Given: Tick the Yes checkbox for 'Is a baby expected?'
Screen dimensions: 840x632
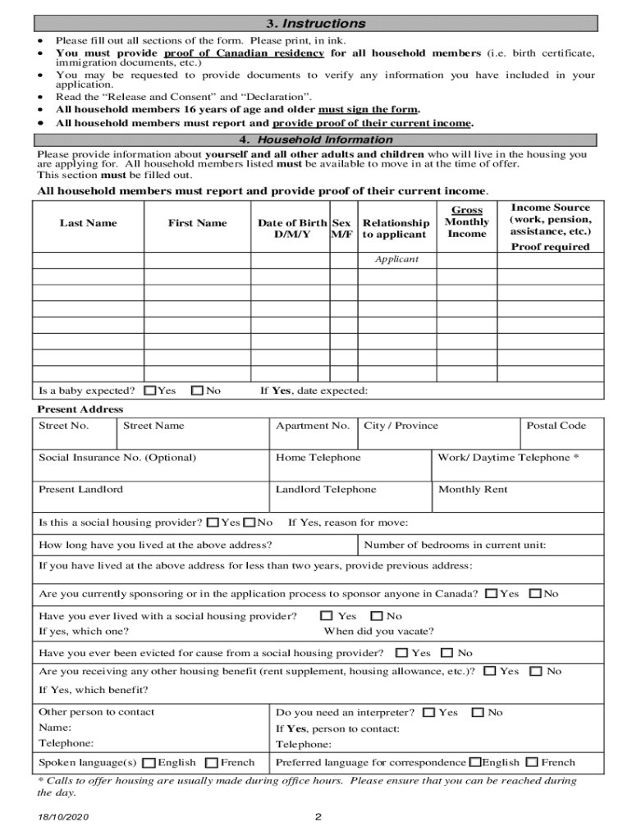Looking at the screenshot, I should pyautogui.click(x=150, y=391).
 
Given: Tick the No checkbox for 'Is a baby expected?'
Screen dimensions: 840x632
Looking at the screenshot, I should pyautogui.click(x=197, y=391).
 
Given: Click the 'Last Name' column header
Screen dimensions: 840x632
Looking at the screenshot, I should pyautogui.click(x=88, y=223).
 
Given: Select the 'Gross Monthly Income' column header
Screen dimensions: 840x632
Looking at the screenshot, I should pyautogui.click(x=466, y=222).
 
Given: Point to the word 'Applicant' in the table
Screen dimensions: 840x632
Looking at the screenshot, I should pyautogui.click(x=396, y=259).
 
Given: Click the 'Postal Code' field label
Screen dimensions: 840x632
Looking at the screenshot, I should pyautogui.click(x=556, y=426).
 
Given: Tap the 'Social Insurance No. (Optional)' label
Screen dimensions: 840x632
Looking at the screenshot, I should pyautogui.click(x=117, y=458).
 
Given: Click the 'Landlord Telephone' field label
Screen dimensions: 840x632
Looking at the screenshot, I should pyautogui.click(x=325, y=490).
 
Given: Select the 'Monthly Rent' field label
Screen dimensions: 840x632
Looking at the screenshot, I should pyautogui.click(x=473, y=490).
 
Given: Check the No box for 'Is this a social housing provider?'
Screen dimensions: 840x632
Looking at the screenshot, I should pyautogui.click(x=250, y=523).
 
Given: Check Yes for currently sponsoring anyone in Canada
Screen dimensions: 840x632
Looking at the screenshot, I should pyautogui.click(x=492, y=594).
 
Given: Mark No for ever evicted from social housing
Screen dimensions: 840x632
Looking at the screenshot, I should pyautogui.click(x=447, y=654).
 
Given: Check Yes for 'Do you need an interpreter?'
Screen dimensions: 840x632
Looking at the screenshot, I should pyautogui.click(x=429, y=714).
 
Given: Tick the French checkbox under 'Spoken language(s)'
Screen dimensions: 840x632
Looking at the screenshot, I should pyautogui.click(x=212, y=763).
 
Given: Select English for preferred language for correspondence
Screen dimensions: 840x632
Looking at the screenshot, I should pyautogui.click(x=475, y=763).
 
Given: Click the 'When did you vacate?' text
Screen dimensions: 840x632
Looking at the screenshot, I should pyautogui.click(x=378, y=632).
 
